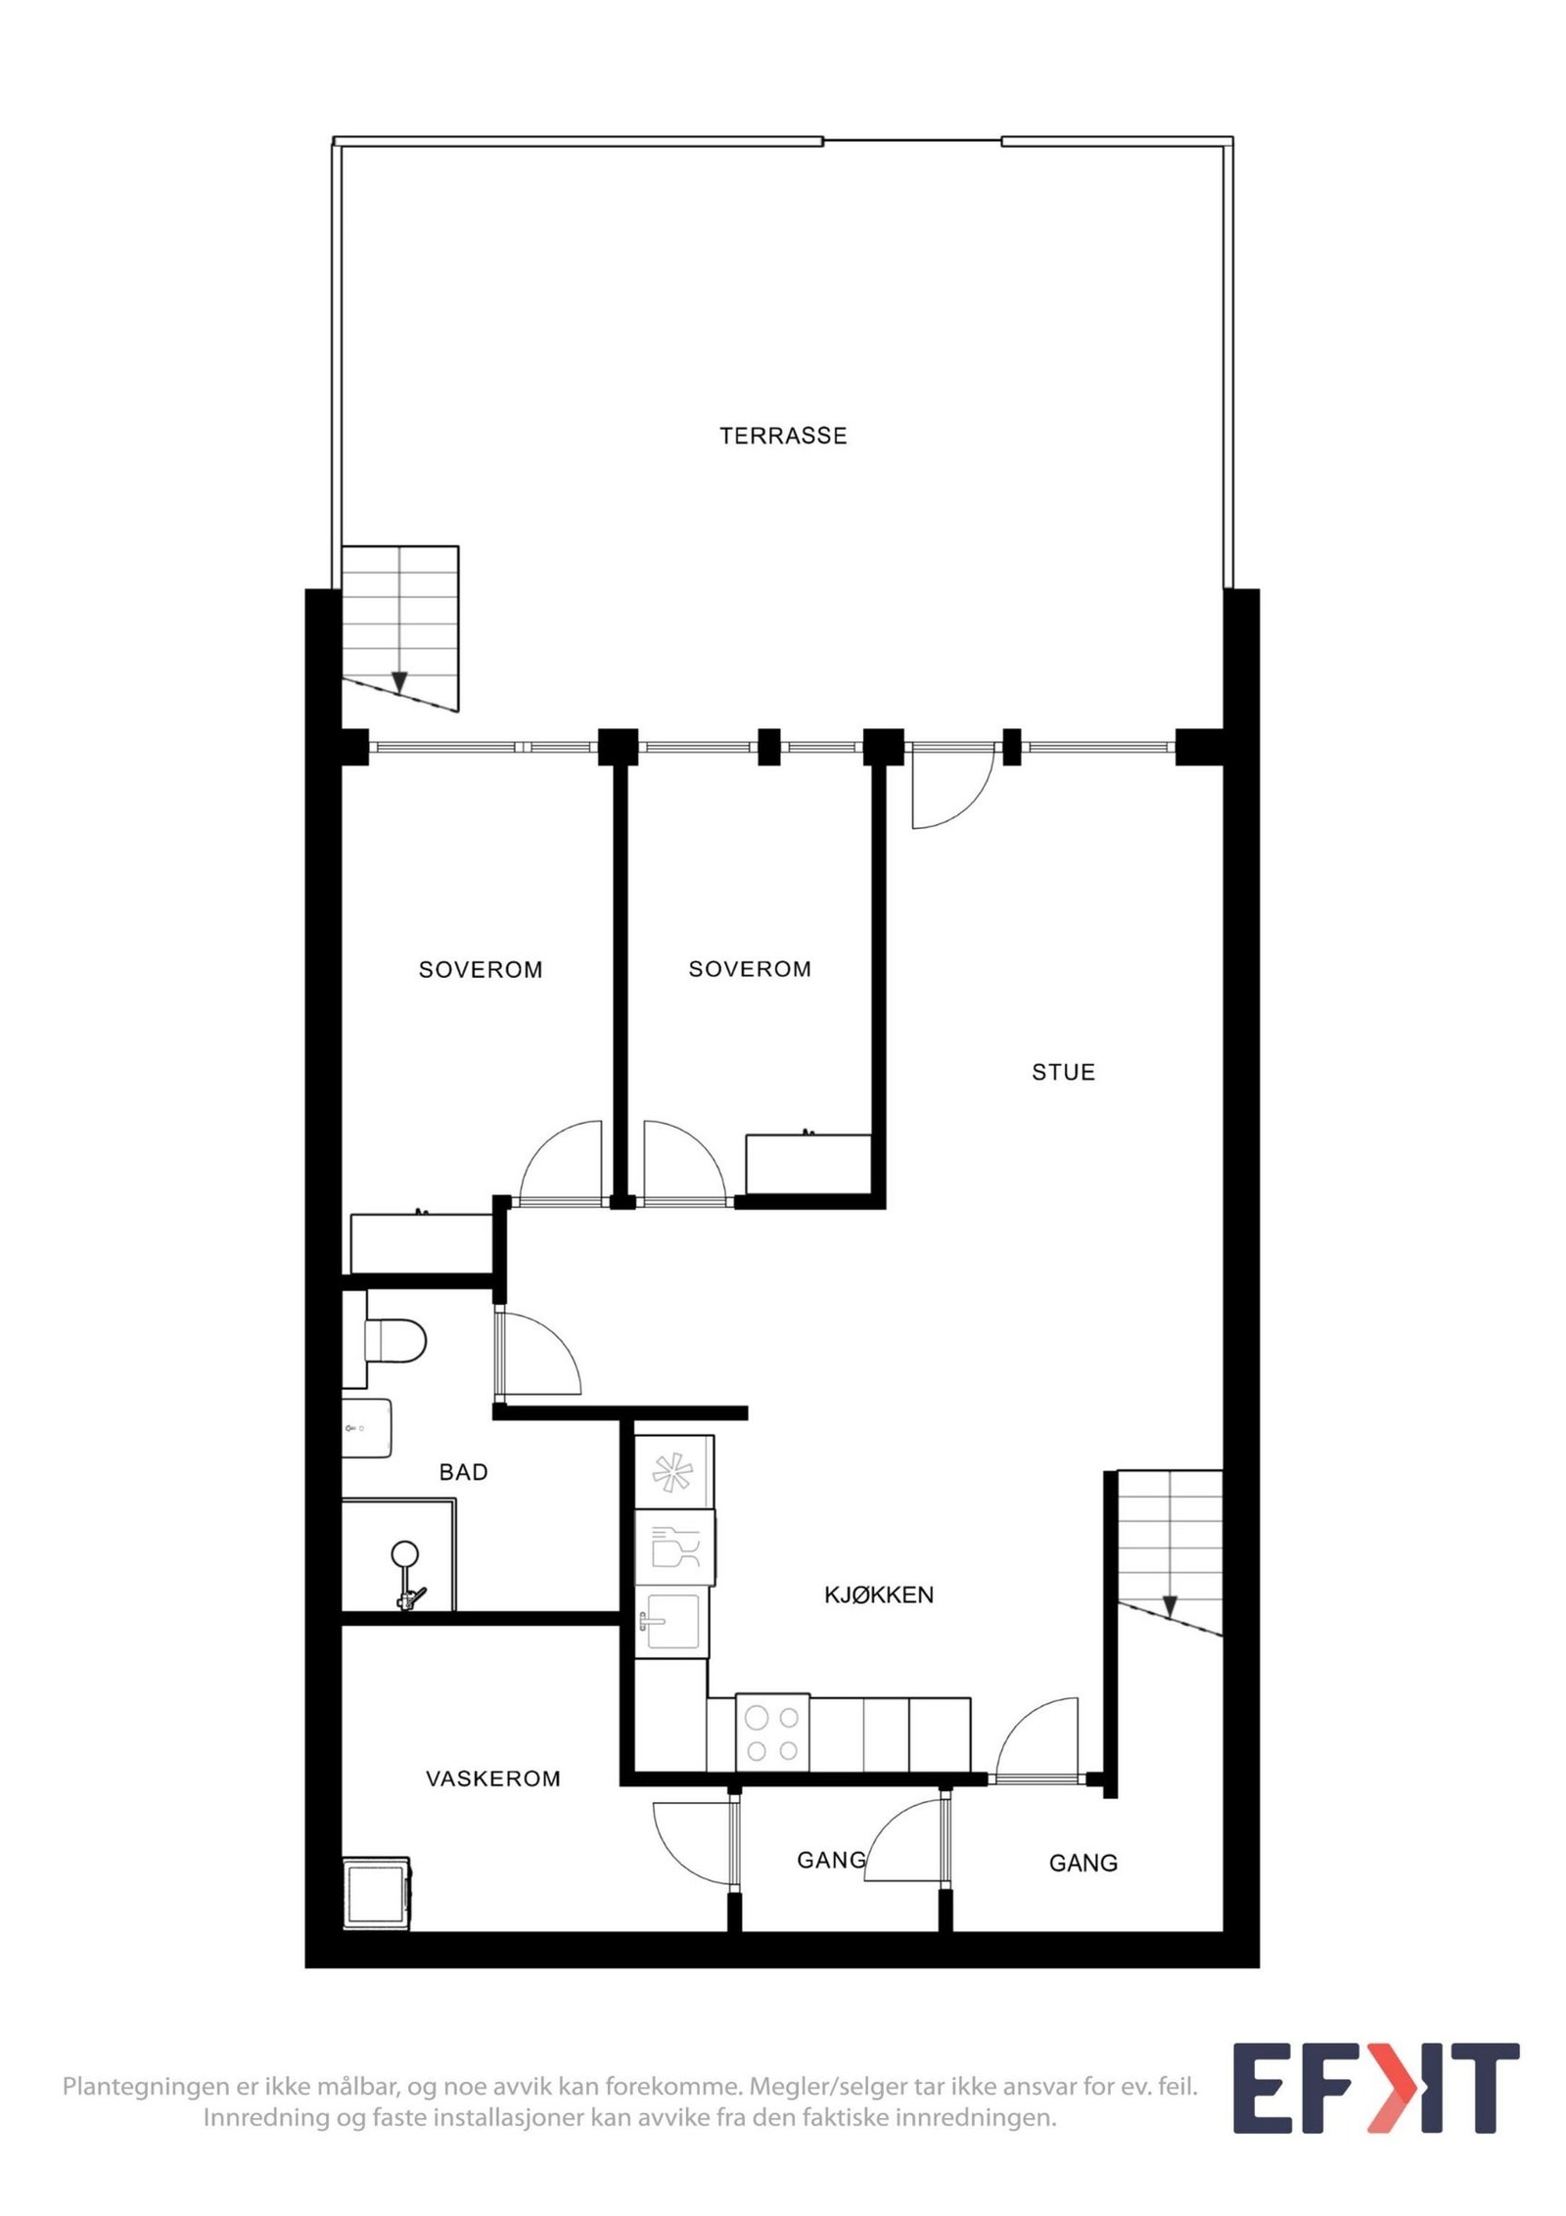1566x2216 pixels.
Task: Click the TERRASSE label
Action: click(783, 436)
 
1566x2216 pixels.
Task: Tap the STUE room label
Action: click(1063, 1072)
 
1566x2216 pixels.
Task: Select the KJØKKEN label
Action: click(879, 1594)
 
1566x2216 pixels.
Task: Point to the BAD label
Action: click(463, 1472)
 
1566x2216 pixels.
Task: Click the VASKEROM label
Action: click(493, 1778)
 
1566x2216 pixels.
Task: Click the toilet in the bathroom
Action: click(388, 1339)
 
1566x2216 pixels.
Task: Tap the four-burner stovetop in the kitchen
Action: click(772, 1731)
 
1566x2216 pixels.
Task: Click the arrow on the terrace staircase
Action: click(399, 681)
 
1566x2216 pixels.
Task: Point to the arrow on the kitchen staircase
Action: click(1170, 1607)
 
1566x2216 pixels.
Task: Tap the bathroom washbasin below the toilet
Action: click(367, 1428)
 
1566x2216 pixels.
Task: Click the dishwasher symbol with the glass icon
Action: click(674, 1547)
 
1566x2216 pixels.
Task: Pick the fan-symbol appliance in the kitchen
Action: click(674, 1471)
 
